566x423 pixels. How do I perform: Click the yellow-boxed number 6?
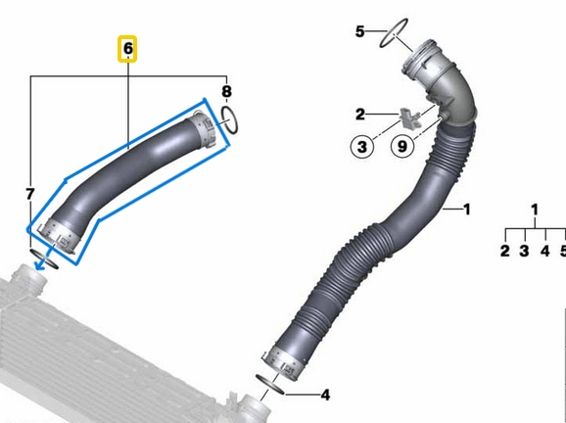pos(128,48)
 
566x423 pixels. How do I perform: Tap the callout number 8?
pos(227,93)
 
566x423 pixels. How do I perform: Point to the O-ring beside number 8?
pos(228,121)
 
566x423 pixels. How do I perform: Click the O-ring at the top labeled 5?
pos(394,32)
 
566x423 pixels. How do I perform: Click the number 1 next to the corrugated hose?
pos(467,209)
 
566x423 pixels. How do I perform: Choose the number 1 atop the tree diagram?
pos(535,209)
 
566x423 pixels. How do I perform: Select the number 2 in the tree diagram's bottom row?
pos(504,252)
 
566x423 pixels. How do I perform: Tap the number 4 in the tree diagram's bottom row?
pos(544,252)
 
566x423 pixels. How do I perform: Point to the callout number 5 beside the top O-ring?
pos(359,32)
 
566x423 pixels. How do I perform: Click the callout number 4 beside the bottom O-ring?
pos(325,395)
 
